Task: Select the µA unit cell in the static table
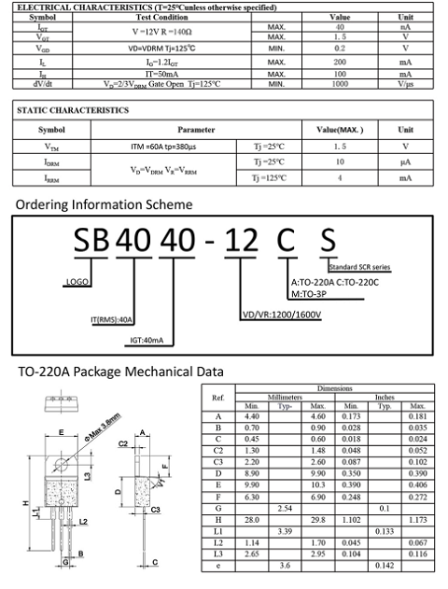click(x=405, y=161)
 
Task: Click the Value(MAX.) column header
click(x=339, y=130)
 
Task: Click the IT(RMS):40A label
click(x=113, y=320)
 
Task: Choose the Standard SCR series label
click(x=362, y=267)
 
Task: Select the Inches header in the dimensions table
click(x=384, y=397)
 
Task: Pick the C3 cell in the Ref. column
click(x=218, y=460)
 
